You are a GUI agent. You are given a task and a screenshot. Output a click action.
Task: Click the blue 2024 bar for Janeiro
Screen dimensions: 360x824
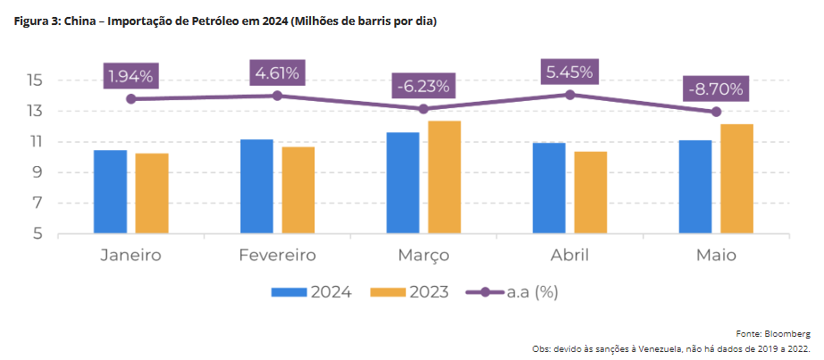110,192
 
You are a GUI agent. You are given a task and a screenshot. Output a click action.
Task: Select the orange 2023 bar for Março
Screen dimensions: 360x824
444,178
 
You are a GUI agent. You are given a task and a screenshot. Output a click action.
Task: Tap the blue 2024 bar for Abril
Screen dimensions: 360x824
550,188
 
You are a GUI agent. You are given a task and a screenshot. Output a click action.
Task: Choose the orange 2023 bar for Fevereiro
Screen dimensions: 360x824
298,190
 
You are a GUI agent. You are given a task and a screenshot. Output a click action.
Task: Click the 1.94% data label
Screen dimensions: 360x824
130,76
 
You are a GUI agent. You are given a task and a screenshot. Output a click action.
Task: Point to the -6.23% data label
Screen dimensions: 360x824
423,87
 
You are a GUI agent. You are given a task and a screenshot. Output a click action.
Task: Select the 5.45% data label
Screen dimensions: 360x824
569,72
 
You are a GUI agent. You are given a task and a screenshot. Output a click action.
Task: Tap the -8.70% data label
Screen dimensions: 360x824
715,89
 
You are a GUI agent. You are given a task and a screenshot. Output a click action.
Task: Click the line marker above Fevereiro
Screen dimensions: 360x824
277,96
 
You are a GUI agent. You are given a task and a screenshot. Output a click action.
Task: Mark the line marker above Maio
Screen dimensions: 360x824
716,112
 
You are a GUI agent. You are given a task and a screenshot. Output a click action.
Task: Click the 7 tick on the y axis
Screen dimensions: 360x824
38,204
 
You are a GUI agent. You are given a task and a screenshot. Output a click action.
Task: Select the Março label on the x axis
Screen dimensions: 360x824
423,256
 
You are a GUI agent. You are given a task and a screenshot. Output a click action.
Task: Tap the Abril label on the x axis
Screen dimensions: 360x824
569,256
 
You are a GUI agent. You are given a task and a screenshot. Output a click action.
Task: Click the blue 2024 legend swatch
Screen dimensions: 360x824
289,292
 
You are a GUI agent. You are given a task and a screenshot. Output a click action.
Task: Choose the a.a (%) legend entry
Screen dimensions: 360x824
534,292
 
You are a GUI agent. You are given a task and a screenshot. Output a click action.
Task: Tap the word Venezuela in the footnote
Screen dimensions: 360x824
654,348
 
